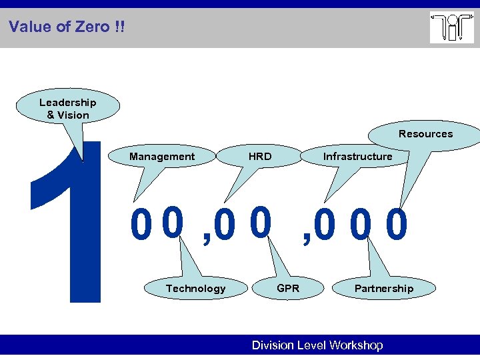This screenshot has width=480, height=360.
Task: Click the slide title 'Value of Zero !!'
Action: (67, 27)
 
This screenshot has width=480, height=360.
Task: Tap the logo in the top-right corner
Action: (451, 28)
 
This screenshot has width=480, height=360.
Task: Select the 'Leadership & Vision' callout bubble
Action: (68, 109)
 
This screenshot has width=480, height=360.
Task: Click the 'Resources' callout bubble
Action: (425, 134)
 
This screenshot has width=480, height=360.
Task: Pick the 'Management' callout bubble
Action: (162, 157)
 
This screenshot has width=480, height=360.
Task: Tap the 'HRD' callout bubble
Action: (259, 157)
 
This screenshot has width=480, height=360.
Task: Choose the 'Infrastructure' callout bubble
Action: (357, 157)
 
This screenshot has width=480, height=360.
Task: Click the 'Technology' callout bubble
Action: (195, 289)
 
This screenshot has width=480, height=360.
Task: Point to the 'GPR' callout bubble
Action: (287, 288)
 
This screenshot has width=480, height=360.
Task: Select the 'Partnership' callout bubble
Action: (383, 289)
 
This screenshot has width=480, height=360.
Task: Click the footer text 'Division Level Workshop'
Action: (317, 345)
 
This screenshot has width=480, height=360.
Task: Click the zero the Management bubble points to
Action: (140, 226)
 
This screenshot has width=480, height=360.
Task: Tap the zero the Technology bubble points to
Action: (172, 223)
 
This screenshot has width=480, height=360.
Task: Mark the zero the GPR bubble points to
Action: (261, 223)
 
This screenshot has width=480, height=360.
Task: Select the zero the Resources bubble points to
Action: (397, 226)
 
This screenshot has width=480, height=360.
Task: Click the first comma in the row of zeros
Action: (206, 237)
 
